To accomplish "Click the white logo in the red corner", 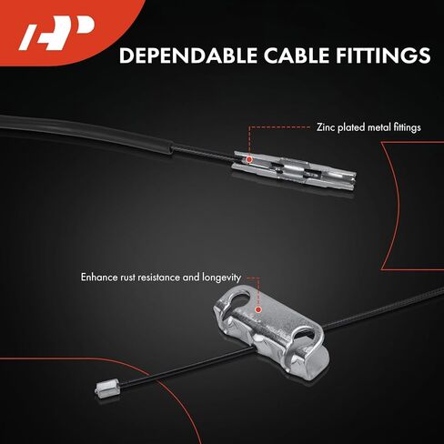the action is pyautogui.click(x=57, y=33).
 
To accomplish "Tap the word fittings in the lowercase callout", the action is pyautogui.click(x=408, y=127).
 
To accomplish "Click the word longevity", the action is pyautogui.click(x=222, y=278).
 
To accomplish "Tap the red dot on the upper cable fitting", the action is pyautogui.click(x=249, y=159).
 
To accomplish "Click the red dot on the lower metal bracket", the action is pyautogui.click(x=258, y=309).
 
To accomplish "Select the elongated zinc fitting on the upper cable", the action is pyautogui.click(x=294, y=170).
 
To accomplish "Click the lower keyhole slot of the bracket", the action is pyautogui.click(x=303, y=334).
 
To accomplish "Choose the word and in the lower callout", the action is pyautogui.click(x=191, y=277).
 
